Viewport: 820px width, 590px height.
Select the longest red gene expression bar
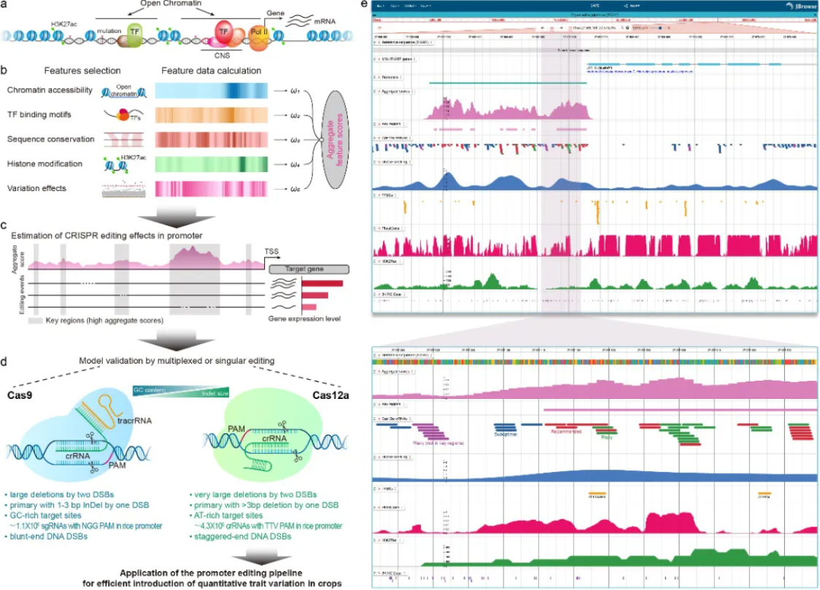[322, 283]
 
